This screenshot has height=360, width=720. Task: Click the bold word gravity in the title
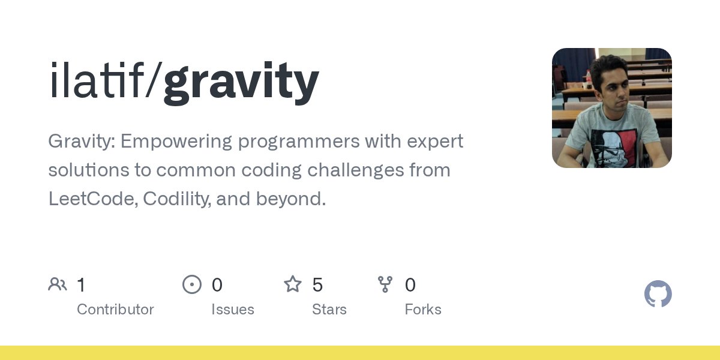pos(241,82)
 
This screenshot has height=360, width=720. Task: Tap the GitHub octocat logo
pos(658,294)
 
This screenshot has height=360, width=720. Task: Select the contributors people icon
pos(58,284)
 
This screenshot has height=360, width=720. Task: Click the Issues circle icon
pos(191,284)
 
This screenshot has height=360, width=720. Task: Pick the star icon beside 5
pos(292,284)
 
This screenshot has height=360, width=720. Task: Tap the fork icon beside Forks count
pos(385,284)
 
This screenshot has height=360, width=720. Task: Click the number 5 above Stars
pos(317,285)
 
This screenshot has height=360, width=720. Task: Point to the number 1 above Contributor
pos(82,285)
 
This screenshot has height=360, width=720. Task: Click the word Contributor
pos(115,310)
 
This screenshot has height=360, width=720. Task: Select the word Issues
pos(232,310)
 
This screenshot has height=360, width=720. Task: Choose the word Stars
pos(329,310)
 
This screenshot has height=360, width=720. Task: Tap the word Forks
pos(422,310)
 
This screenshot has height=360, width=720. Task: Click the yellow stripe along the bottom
pos(360,353)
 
